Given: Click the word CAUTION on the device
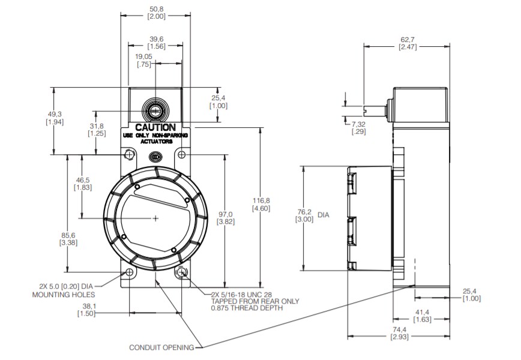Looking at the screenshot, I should click(x=155, y=127).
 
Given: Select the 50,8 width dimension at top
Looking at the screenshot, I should click(x=156, y=9).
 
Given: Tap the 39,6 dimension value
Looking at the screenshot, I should click(x=156, y=39).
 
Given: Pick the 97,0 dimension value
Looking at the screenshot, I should click(x=225, y=214).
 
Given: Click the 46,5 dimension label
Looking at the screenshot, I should click(x=82, y=180).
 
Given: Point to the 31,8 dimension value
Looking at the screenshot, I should click(x=97, y=126).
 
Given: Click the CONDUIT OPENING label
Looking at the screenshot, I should click(x=161, y=347).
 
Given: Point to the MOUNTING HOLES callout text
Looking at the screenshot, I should click(x=63, y=295).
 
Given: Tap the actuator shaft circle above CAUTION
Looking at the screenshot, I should click(x=155, y=110).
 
